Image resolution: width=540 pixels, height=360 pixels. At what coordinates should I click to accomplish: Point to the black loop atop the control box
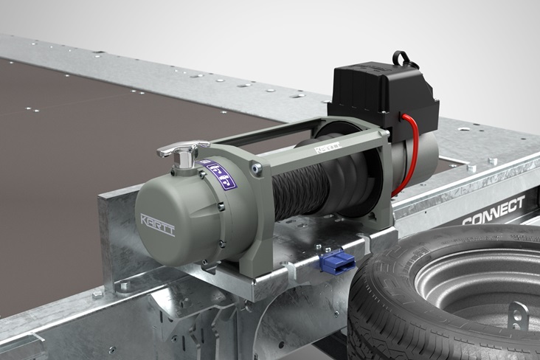click(x=401, y=58)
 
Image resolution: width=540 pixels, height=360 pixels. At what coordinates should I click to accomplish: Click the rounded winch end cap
click(x=170, y=221)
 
